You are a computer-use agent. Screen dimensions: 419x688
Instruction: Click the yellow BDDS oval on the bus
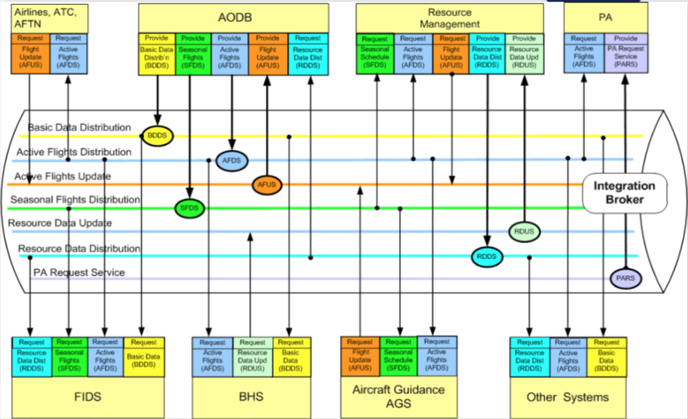(157, 135)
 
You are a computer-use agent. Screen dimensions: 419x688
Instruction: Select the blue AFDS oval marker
(231, 160)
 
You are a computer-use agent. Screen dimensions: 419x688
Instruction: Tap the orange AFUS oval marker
(267, 185)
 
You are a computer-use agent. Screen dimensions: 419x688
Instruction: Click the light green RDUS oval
(524, 232)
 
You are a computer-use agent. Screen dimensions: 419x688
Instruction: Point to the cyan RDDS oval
(487, 257)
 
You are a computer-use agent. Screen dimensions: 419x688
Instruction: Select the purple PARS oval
(625, 279)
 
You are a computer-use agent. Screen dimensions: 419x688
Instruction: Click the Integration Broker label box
(623, 193)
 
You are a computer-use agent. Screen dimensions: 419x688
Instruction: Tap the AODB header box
(233, 18)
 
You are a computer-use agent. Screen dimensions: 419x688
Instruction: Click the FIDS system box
(88, 397)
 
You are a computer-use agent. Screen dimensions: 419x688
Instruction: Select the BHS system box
(251, 397)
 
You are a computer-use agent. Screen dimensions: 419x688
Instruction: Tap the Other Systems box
(567, 397)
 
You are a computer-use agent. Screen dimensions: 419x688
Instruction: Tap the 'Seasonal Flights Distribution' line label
(75, 200)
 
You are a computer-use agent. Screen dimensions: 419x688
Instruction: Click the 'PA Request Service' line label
(79, 272)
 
